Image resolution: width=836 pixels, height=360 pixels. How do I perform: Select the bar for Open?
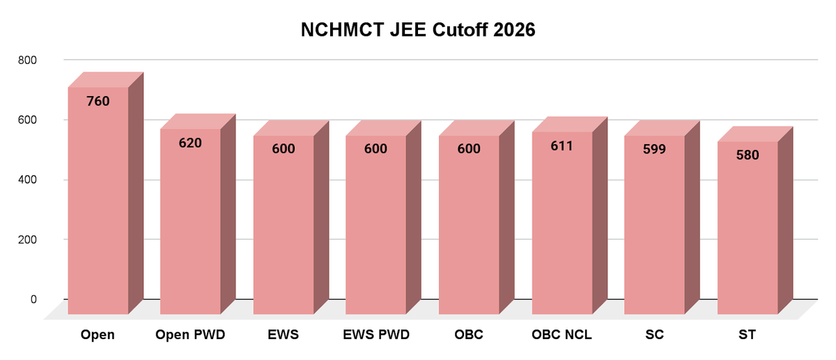point(98,209)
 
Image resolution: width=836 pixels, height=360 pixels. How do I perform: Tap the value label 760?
point(98,102)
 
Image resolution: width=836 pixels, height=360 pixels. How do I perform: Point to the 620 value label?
point(190,143)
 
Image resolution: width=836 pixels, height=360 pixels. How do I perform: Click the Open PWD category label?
point(190,335)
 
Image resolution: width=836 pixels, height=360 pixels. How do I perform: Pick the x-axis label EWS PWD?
point(376,335)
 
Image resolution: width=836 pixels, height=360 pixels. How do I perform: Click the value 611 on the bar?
point(562,146)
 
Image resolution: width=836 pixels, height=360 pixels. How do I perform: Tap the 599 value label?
point(654,149)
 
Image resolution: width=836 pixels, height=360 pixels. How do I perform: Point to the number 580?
point(747,155)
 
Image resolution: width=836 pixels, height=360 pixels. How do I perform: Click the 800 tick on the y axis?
point(27,61)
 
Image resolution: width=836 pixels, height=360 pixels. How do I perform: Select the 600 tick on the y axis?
point(27,120)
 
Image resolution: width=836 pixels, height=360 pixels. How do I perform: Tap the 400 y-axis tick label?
point(27,180)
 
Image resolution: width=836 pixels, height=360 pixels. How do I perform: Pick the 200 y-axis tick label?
point(27,240)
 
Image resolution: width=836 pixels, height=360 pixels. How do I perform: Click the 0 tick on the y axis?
point(33,299)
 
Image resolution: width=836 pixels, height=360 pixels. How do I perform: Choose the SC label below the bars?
point(654,335)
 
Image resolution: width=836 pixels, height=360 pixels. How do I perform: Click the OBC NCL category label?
point(562,335)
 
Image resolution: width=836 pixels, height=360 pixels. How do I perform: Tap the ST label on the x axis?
point(747,335)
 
